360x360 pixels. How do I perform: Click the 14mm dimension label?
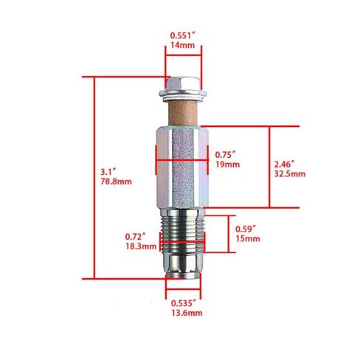point(182,45)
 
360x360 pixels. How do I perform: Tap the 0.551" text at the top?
point(182,35)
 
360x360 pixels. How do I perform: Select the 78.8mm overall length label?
point(116,181)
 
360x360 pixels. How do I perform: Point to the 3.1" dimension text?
point(108,172)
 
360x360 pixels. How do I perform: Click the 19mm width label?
point(227,165)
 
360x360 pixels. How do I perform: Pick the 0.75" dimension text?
point(226,155)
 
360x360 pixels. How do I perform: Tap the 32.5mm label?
point(290,174)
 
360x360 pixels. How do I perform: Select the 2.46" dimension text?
point(285,164)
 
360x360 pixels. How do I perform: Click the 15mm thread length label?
point(248,238)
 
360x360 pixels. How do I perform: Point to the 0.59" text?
point(246,229)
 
